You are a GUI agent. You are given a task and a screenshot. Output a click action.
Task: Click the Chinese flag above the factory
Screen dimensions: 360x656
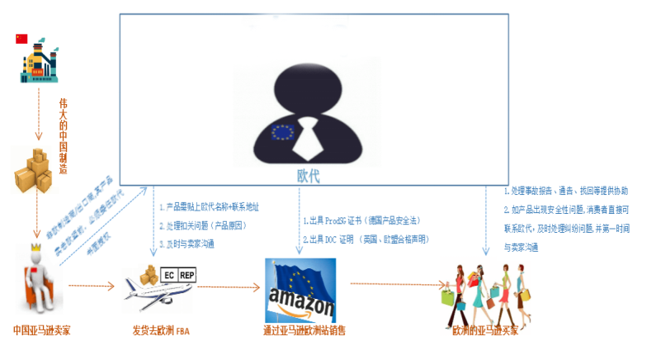point(21,38)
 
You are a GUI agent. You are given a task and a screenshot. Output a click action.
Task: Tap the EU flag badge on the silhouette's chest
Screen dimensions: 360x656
point(283,132)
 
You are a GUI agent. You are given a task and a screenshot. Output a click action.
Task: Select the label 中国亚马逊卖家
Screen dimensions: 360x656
point(42,331)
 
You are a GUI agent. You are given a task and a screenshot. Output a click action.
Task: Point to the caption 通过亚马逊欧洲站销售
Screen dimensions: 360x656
point(304,331)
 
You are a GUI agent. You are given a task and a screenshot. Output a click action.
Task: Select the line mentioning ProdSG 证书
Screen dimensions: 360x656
point(362,221)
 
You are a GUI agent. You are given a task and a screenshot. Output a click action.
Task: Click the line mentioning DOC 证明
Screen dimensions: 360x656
point(363,239)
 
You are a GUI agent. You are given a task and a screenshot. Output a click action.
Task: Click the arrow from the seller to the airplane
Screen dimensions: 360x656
point(90,287)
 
